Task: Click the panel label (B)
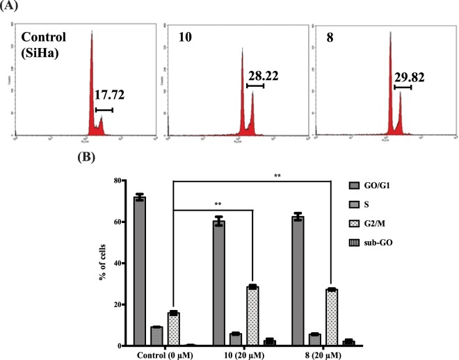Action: pos(86,156)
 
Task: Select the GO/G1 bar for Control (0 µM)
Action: pos(139,271)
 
